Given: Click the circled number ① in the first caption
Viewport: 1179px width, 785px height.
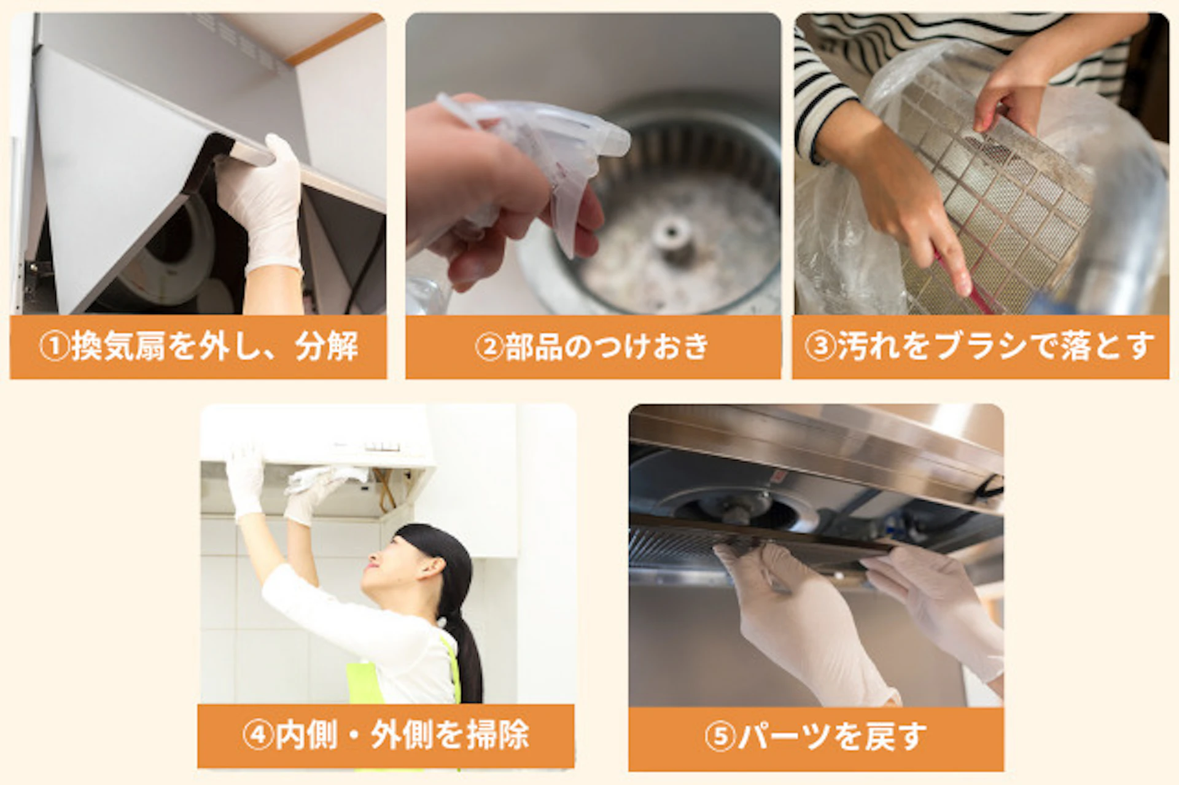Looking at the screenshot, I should click(x=54, y=347).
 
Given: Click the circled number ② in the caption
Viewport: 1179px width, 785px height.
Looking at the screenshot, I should click(x=489, y=347).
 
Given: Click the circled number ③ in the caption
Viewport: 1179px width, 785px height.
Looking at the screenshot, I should click(x=820, y=347).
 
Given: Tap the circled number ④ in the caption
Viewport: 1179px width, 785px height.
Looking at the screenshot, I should click(x=257, y=735).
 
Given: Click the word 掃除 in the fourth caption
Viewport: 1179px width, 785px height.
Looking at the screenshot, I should click(x=497, y=735).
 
